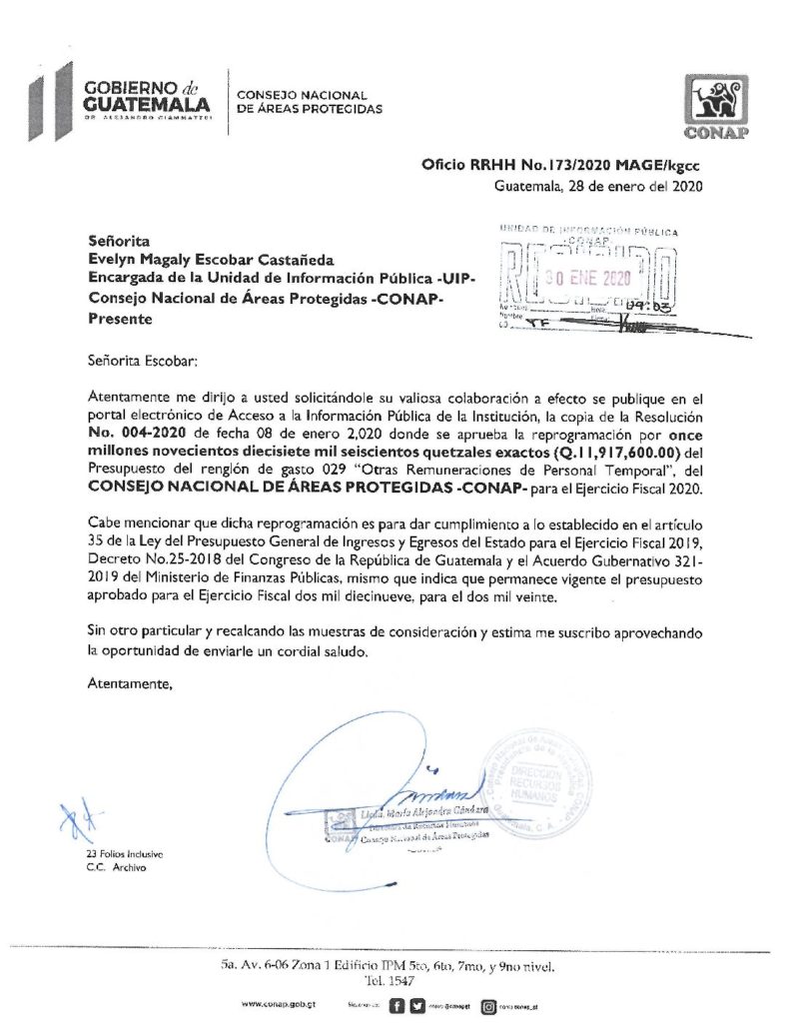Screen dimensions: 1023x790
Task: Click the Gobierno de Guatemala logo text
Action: click(x=145, y=98)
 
